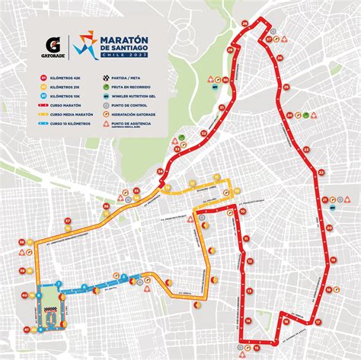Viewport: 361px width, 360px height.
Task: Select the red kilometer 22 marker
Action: click(x=321, y=173)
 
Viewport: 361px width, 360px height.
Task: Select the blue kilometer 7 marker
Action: click(x=59, y=284)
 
